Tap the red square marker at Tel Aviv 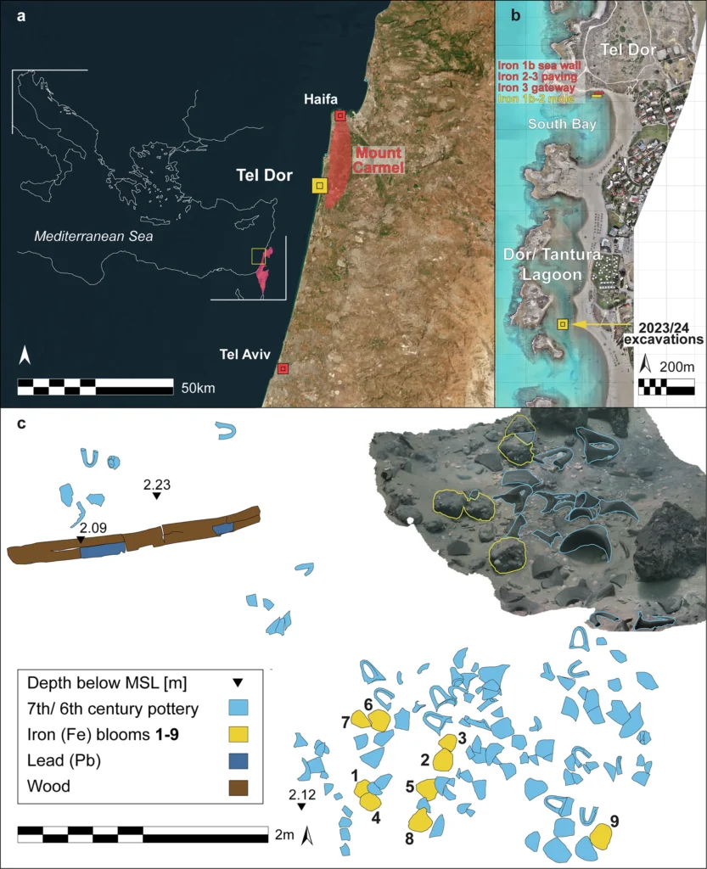tap(283, 368)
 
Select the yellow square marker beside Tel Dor tap(319, 185)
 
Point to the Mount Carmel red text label tap(379, 160)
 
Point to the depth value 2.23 tap(157, 484)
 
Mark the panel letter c tap(23, 423)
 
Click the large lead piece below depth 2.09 tap(102, 552)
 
